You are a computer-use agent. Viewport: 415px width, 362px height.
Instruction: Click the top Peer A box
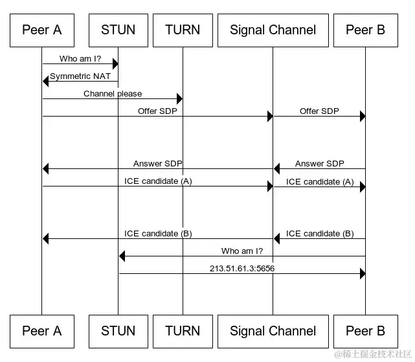click(42, 30)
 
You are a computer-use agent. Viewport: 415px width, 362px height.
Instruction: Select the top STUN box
click(118, 30)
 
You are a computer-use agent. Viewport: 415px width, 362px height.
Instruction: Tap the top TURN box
click(183, 30)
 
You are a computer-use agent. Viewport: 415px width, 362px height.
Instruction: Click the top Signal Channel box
click(273, 30)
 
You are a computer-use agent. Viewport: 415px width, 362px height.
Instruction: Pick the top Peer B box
click(366, 30)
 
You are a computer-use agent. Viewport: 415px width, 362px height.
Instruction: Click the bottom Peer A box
click(42, 332)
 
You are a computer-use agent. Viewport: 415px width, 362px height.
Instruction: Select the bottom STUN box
click(118, 332)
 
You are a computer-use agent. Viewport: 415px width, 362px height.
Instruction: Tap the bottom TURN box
click(183, 332)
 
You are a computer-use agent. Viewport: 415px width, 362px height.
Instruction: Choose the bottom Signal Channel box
click(273, 332)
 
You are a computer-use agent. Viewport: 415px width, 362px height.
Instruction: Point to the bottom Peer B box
click(366, 332)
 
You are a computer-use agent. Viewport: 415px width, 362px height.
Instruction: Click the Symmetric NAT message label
click(80, 76)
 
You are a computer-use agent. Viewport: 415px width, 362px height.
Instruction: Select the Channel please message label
click(113, 93)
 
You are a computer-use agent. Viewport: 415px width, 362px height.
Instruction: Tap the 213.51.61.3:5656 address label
click(242, 269)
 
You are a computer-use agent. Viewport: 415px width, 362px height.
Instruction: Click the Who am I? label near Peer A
click(80, 58)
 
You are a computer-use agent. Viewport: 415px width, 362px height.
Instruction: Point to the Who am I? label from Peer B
click(242, 251)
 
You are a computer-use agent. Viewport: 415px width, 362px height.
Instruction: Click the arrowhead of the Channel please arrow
click(180, 99)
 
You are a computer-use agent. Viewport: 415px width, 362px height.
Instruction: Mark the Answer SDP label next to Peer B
click(320, 164)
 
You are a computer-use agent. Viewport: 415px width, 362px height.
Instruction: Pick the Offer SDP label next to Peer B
click(319, 111)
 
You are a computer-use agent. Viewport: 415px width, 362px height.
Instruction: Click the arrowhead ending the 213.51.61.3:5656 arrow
click(363, 273)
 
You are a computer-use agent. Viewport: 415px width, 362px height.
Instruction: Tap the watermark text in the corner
click(373, 354)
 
